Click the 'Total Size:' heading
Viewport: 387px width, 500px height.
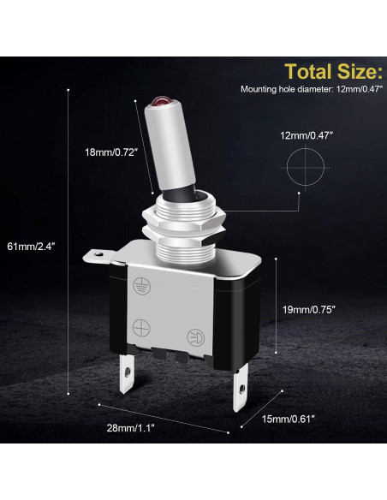pyautogui.click(x=333, y=71)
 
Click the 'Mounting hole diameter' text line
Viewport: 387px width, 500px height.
pyautogui.click(x=312, y=89)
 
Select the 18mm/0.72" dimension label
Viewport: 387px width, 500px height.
pyautogui.click(x=111, y=152)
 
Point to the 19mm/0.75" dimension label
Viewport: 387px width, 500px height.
pyautogui.click(x=309, y=309)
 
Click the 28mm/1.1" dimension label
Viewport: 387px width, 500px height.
pyautogui.click(x=130, y=428)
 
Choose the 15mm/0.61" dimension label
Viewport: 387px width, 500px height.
pyautogui.click(x=289, y=419)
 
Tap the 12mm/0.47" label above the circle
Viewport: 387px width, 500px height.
pyautogui.click(x=307, y=136)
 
